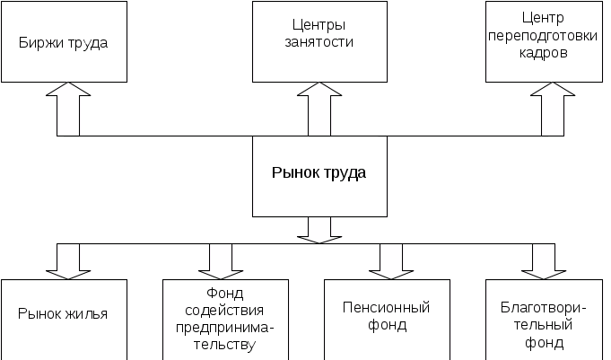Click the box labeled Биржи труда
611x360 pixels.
[x=63, y=42]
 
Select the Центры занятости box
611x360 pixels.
[x=319, y=42]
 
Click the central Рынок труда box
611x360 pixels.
[x=319, y=176]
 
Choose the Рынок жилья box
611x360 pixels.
[x=63, y=319]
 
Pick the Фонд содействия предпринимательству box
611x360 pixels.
[x=225, y=319]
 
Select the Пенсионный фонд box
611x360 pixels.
[x=387, y=319]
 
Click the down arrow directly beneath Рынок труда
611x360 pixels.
[x=319, y=230]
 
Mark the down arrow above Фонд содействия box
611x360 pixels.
[x=216, y=261]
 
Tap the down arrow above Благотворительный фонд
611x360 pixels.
[x=538, y=261]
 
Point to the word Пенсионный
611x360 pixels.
[x=387, y=308]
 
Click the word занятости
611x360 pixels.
[x=319, y=42]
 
